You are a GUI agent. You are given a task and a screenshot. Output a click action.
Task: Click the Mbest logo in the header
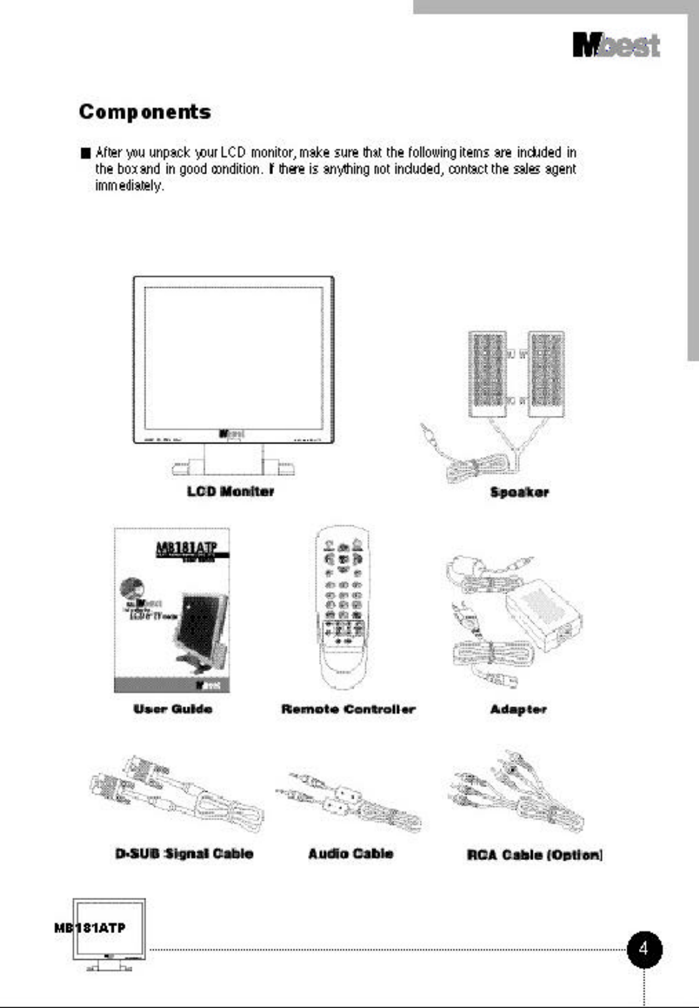click(616, 46)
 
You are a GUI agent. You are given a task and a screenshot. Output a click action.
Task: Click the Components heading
click(145, 112)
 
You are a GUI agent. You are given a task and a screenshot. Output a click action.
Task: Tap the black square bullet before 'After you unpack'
click(86, 153)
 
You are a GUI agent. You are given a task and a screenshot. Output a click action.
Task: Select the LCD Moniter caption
click(231, 492)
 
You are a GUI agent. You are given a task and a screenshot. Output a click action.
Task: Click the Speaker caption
click(519, 492)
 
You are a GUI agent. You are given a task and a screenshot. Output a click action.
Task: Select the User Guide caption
click(172, 709)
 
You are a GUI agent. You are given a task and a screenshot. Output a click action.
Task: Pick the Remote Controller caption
click(348, 709)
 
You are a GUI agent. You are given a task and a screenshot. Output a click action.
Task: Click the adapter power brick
click(542, 615)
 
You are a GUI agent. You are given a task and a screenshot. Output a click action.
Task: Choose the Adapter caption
click(518, 709)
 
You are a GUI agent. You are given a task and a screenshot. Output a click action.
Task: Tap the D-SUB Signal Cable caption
click(184, 854)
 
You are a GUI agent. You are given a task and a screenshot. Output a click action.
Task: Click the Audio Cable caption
click(350, 854)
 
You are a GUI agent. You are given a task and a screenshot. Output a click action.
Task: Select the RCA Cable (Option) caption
click(535, 855)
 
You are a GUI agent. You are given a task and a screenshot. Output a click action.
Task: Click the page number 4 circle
click(644, 950)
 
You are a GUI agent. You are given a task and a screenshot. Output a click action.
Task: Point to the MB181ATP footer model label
click(90, 928)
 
